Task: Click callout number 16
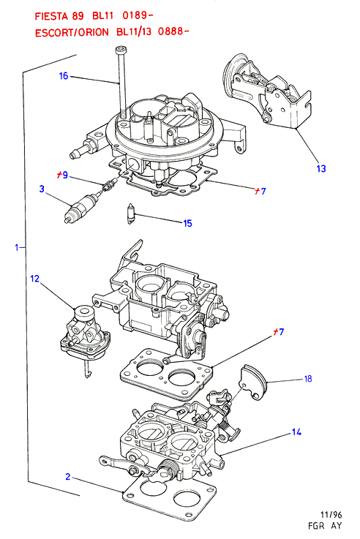[x=64, y=75]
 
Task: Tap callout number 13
[x=320, y=168]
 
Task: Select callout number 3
[x=42, y=189]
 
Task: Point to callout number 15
[x=187, y=224]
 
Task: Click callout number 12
[x=35, y=279]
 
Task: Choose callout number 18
[x=308, y=378]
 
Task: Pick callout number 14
[x=296, y=431]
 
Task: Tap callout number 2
[x=68, y=477]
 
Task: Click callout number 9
[x=65, y=176]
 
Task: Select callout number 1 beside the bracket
[x=17, y=247]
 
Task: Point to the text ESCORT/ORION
[x=72, y=32]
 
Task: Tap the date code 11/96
[x=331, y=515]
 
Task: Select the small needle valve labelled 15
[x=131, y=214]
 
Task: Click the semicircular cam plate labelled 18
[x=254, y=382]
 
